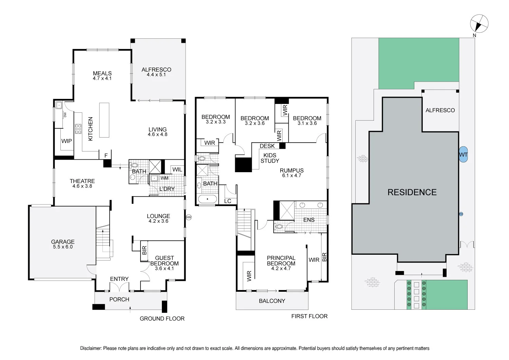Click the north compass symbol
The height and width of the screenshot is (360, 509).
pos(479,24)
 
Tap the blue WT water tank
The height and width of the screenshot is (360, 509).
pos(463,155)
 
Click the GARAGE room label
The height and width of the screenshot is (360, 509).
pos(63,242)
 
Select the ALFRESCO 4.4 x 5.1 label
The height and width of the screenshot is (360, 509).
pos(156,72)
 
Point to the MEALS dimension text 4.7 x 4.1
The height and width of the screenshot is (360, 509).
pos(102,78)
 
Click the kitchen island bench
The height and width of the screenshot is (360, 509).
pos(104,120)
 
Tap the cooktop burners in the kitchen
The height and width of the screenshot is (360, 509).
pos(78,129)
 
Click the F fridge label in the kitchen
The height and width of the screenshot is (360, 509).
pos(106,156)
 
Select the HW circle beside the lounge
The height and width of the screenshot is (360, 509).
pos(189,217)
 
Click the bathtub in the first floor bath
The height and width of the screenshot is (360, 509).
pos(207,199)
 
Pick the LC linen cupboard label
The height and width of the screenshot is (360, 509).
pos(228,201)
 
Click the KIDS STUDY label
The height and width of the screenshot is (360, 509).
pos(270,158)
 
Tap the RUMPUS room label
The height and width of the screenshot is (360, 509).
pos(291,170)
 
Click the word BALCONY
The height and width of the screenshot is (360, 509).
pos(272,301)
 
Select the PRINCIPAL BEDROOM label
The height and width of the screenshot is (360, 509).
pos(281,260)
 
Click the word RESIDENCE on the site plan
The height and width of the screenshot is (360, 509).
pos(412,192)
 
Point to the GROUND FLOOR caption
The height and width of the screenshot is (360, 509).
pos(162,319)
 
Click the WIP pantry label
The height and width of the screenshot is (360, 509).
pos(67,141)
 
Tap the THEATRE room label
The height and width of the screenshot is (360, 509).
pos(82,181)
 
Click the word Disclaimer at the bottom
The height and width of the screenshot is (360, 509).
pos(91,348)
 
